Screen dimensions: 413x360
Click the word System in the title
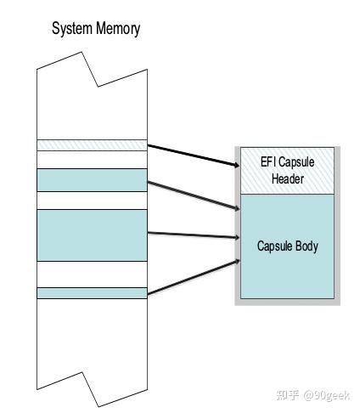tap(73, 28)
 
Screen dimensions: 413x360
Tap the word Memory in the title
tap(117, 28)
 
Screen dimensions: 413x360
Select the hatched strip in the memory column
tap(92, 145)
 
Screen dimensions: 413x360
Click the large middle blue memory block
tap(92, 235)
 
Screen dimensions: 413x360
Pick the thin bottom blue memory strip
tap(92, 293)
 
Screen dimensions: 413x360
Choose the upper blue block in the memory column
tap(92, 180)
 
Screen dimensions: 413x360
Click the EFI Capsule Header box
tap(287, 171)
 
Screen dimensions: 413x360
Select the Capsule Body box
tap(287, 246)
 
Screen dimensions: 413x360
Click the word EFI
tap(257, 162)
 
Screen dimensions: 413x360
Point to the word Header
tap(287, 178)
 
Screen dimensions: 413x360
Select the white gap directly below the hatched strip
tap(92, 160)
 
